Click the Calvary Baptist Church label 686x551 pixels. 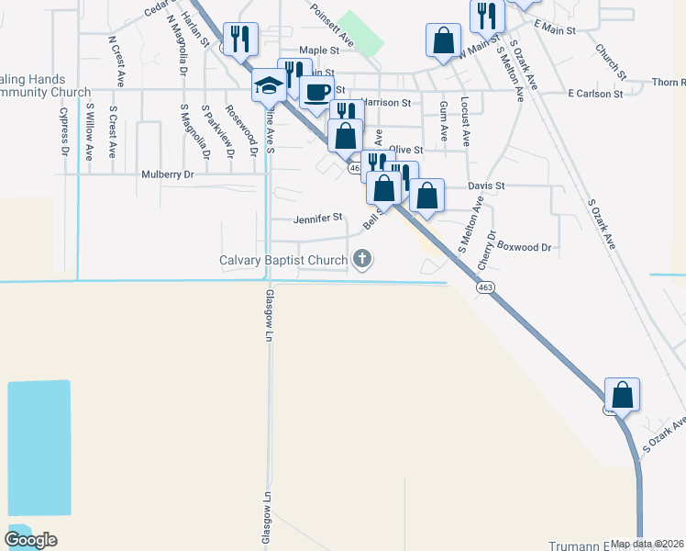tap(283, 260)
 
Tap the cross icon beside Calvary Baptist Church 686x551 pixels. tap(362, 259)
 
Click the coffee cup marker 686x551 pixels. tap(317, 91)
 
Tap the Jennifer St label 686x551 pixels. tap(317, 219)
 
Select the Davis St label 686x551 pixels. tap(486, 186)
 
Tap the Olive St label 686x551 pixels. tap(405, 149)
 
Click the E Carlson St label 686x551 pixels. tap(595, 94)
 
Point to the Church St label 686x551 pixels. tap(610, 62)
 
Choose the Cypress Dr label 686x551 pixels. tap(64, 130)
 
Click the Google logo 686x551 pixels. tap(30, 540)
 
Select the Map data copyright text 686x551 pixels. tap(646, 544)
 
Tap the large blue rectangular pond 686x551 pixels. tap(39, 446)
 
